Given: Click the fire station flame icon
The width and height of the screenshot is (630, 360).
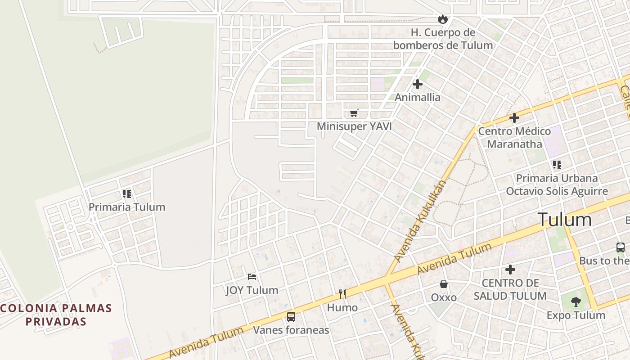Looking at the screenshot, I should [x=443, y=19].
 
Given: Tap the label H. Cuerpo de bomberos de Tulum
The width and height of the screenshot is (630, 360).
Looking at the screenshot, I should [x=443, y=39].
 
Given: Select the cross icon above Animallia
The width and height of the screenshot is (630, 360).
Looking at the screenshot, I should [x=418, y=84].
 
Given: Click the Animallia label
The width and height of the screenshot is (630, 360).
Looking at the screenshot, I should [x=418, y=97].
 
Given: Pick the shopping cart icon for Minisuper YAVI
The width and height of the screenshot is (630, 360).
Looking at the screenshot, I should [x=354, y=113].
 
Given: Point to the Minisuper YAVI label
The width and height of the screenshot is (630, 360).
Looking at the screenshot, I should [x=354, y=126].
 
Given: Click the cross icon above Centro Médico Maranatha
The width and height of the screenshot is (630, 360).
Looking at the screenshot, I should [x=514, y=118].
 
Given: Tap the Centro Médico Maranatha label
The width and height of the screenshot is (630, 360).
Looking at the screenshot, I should [x=514, y=138].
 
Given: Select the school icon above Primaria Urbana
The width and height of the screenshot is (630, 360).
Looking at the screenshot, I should [x=557, y=165].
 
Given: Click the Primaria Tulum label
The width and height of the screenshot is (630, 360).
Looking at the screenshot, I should [x=127, y=207].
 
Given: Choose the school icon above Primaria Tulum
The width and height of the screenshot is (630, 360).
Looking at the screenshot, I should [x=127, y=194].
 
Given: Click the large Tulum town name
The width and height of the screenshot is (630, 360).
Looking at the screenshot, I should [x=565, y=220].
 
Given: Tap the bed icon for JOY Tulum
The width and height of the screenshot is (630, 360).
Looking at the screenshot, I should [x=252, y=276].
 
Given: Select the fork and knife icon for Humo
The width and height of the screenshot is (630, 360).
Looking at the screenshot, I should [x=342, y=294].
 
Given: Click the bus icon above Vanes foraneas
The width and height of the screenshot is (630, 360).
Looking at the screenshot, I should [x=291, y=317].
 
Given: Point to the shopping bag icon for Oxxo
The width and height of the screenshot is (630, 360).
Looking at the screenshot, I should [x=444, y=284].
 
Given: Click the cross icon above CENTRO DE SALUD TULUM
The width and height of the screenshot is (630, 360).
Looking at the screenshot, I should [x=510, y=270].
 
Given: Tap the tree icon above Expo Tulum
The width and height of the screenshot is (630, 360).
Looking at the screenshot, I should [x=576, y=301].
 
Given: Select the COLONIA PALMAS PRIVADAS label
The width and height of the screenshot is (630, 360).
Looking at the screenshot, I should [x=56, y=315].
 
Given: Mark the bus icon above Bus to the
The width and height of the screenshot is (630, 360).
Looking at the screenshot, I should [x=621, y=247].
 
